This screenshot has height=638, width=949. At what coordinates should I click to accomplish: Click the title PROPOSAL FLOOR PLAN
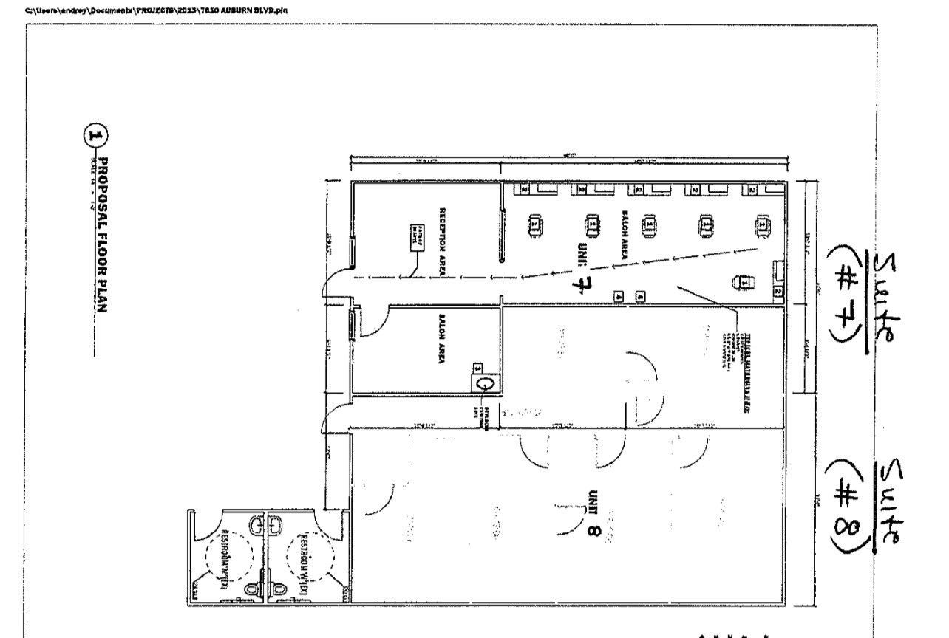point(103,234)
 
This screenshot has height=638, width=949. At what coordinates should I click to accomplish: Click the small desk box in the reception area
point(415,238)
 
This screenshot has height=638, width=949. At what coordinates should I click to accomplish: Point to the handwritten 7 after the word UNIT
point(581,279)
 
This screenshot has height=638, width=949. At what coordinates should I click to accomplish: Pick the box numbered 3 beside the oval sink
point(477,368)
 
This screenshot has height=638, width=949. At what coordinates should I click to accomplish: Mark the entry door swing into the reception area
point(337,281)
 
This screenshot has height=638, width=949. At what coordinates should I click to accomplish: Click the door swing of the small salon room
point(373,323)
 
